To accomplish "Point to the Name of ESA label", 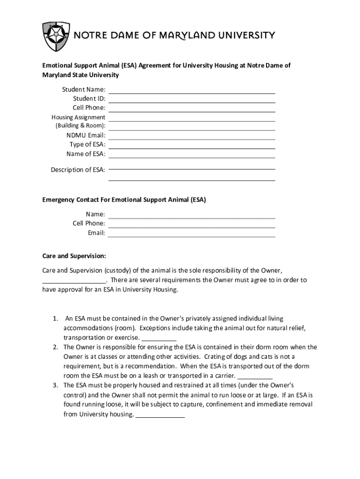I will point(86,153).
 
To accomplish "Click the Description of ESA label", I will point(78,170).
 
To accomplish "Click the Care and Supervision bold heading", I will point(74,256).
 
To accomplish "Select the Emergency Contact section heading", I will point(124,200).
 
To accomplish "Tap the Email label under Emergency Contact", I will point(96,232).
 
